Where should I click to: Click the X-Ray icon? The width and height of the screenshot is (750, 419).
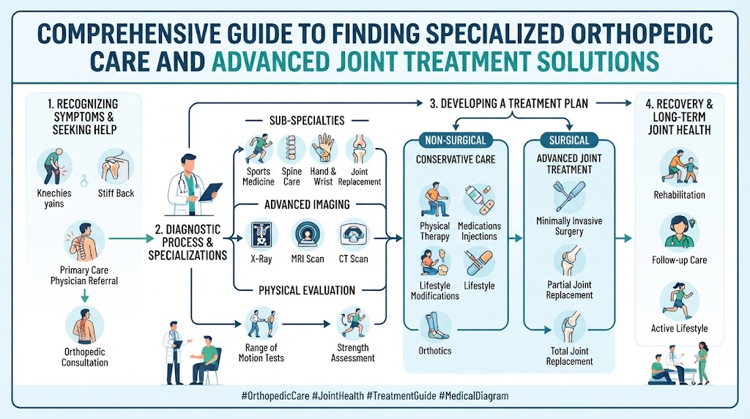pos(261,234)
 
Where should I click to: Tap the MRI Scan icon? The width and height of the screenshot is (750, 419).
pos(307,234)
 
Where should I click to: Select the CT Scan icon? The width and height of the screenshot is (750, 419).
pos(354,234)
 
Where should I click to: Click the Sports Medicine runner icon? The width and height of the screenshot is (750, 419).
pos(259,149)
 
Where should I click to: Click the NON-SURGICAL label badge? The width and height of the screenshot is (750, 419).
pos(456,140)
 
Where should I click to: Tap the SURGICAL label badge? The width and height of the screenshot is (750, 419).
pos(569,140)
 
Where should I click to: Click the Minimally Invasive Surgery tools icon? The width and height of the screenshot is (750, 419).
pos(569,196)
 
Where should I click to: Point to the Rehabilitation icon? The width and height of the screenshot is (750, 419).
pos(679,167)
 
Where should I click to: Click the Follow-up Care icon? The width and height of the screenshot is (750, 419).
pos(679,234)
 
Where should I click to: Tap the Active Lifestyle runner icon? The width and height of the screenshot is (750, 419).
pos(679,301)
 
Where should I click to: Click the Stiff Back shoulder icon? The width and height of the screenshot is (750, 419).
pos(116,167)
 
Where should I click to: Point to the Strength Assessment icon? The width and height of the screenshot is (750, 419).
pos(353,323)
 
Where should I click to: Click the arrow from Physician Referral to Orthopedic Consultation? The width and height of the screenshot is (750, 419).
pos(85,296)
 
